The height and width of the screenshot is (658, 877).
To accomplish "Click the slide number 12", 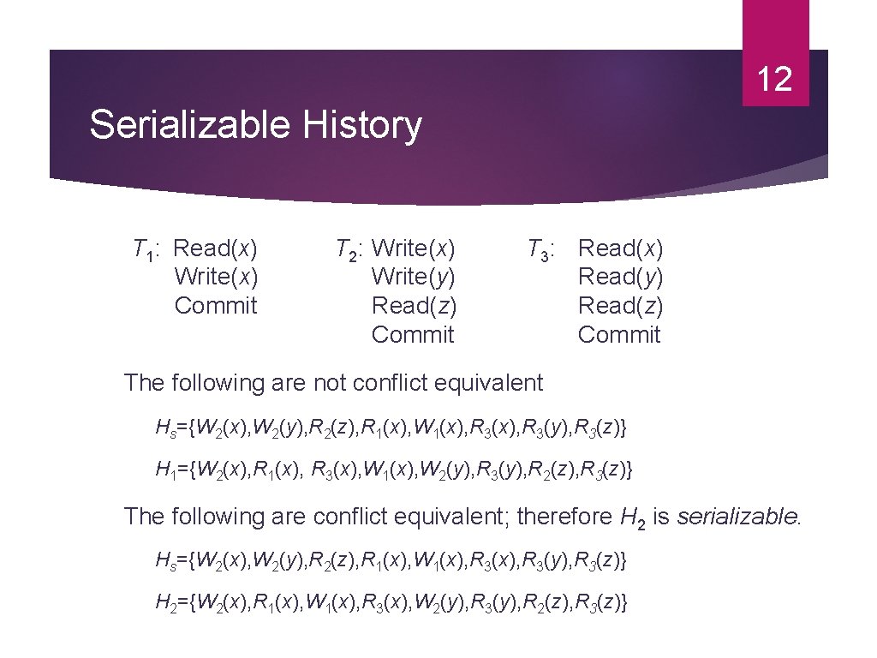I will (x=775, y=80).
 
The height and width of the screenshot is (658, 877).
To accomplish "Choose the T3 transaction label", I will (x=542, y=249).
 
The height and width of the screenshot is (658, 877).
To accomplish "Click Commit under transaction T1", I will (x=216, y=306).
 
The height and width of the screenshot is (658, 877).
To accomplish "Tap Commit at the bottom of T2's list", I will (x=413, y=334).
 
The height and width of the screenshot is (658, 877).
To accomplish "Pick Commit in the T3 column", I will (x=619, y=334).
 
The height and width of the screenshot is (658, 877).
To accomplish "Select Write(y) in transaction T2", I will (x=413, y=277).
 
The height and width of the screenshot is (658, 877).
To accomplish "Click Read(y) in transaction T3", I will (x=621, y=277).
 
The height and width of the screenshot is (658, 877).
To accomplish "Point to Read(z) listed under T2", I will (x=414, y=306).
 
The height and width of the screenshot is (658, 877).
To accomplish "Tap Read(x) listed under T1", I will (x=216, y=248).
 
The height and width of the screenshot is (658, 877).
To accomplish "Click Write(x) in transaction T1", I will (x=216, y=277).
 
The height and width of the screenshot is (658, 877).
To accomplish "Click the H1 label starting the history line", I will (x=165, y=470).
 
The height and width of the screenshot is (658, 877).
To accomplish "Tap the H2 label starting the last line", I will (x=165, y=603).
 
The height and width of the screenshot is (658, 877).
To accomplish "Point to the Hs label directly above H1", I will (x=165, y=426).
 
